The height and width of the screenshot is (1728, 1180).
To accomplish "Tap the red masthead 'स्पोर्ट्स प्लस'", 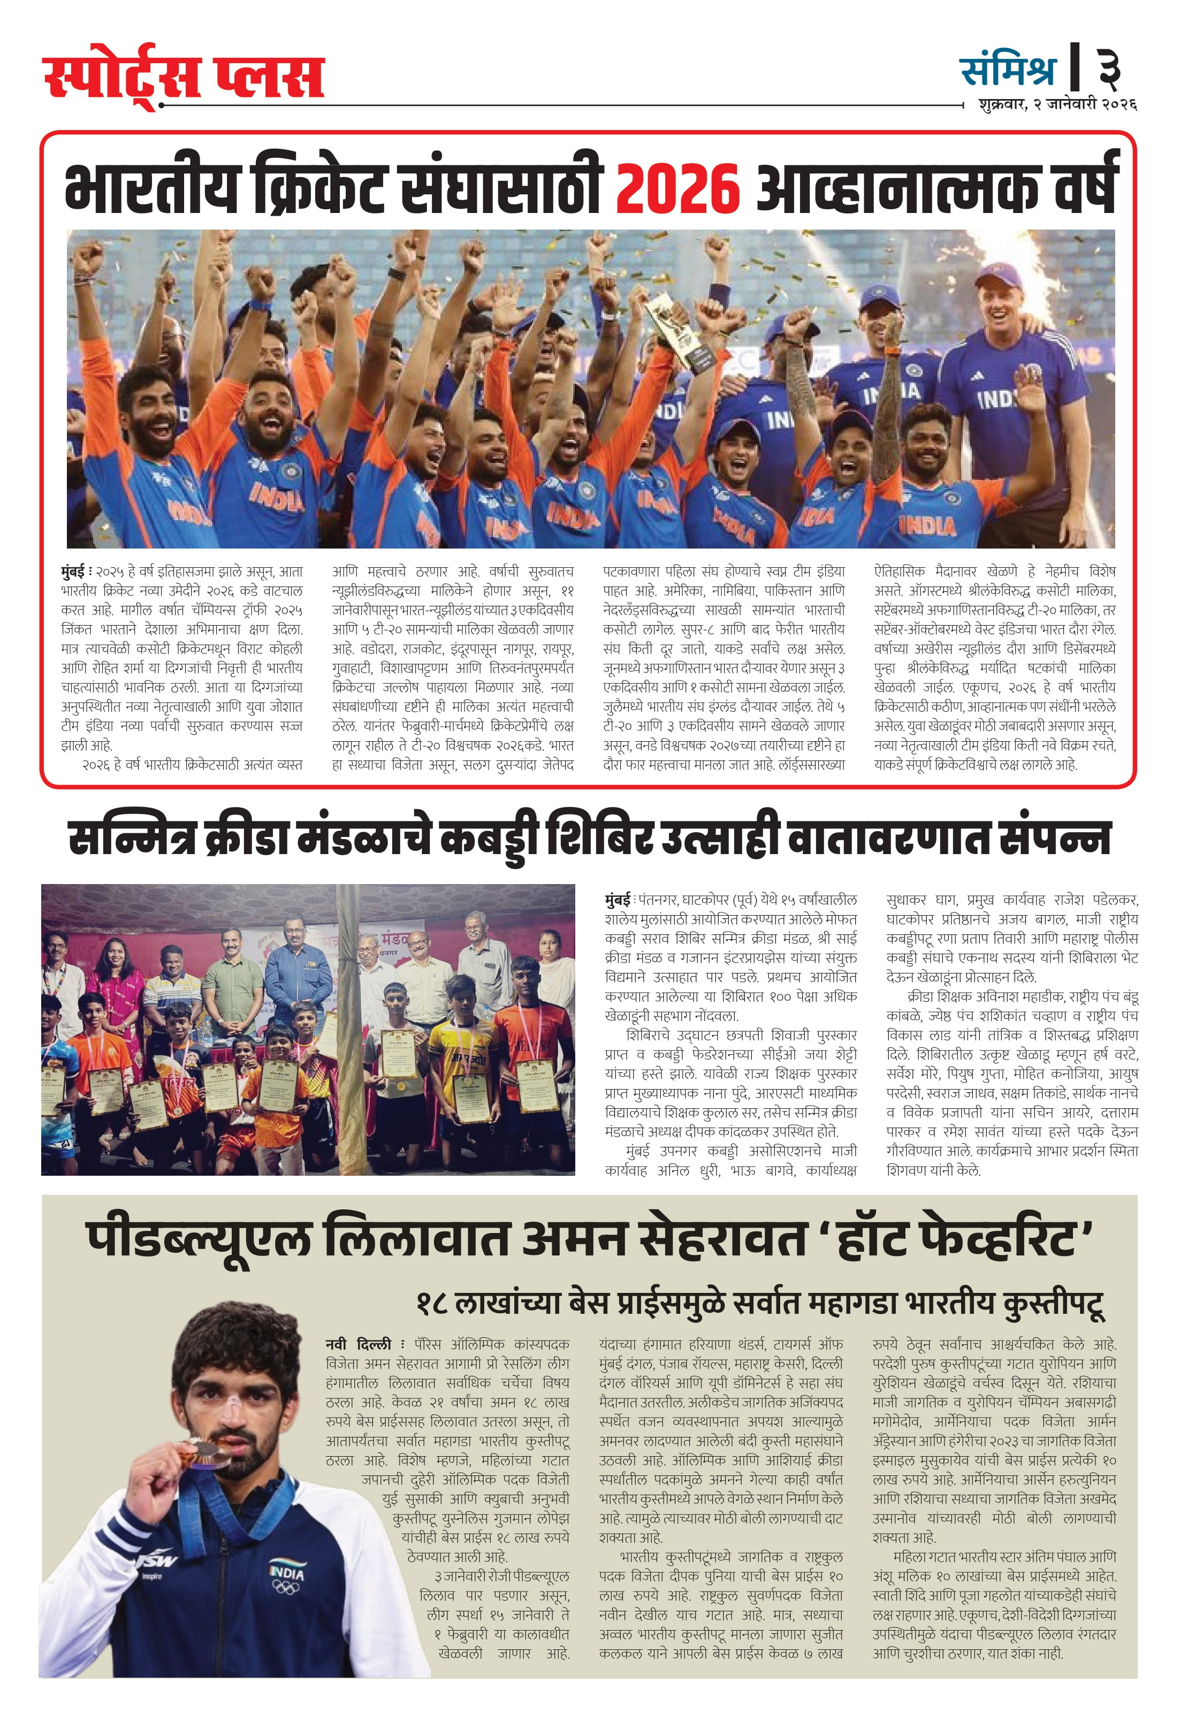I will coord(184,77).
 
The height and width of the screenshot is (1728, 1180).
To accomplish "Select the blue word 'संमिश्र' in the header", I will coord(1008,71).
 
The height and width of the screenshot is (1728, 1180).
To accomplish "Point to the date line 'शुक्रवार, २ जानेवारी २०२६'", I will coord(1057,104).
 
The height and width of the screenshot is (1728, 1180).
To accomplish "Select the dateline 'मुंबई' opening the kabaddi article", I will coord(617,900).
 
